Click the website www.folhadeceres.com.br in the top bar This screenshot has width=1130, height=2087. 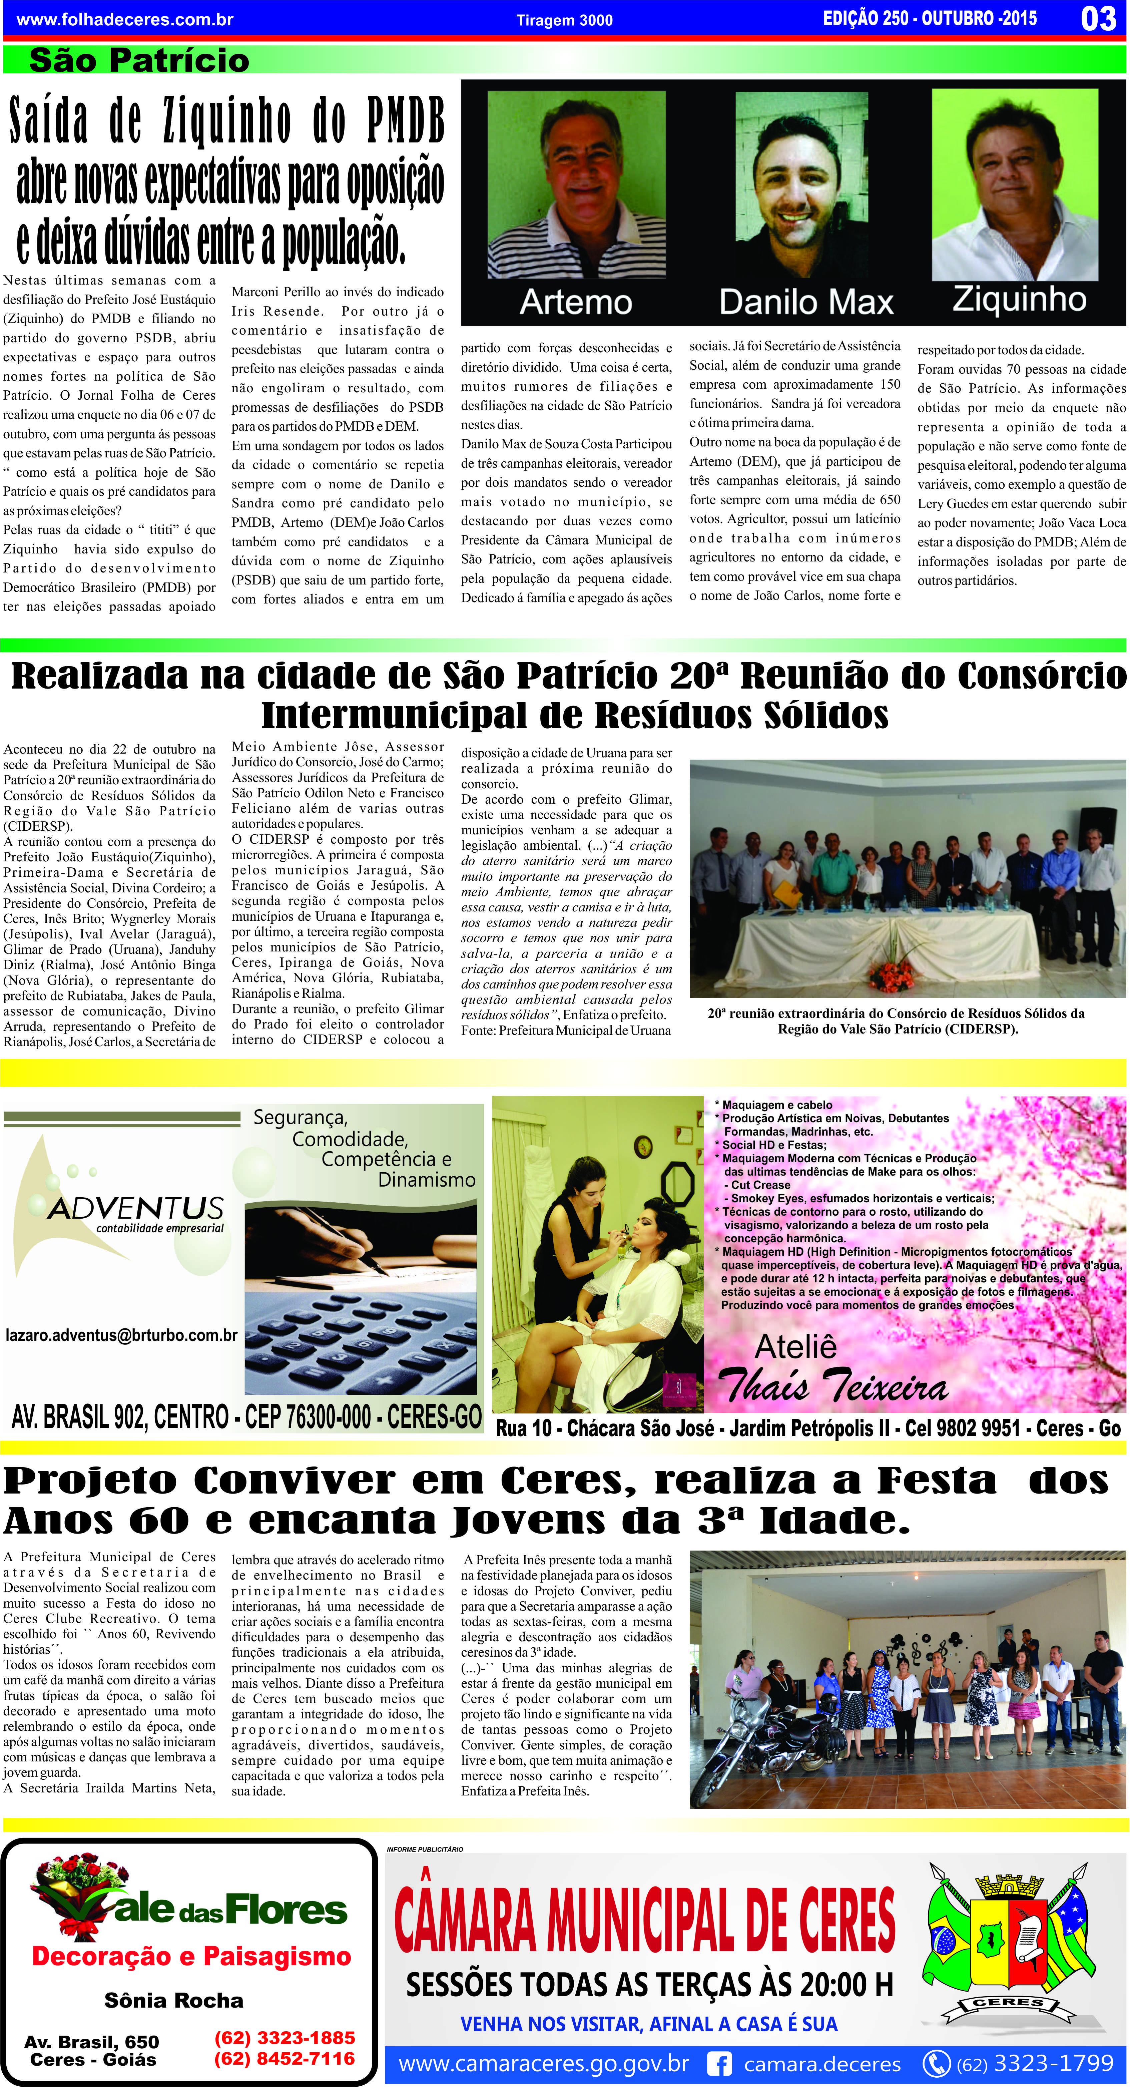click(125, 19)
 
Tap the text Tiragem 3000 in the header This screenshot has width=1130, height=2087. click(565, 20)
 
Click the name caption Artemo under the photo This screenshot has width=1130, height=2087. click(576, 302)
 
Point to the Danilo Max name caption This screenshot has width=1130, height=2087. click(806, 302)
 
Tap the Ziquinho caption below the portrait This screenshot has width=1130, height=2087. click(1019, 299)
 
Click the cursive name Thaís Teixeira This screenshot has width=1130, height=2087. click(833, 1386)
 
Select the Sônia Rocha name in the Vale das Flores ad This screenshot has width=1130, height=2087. click(173, 2000)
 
